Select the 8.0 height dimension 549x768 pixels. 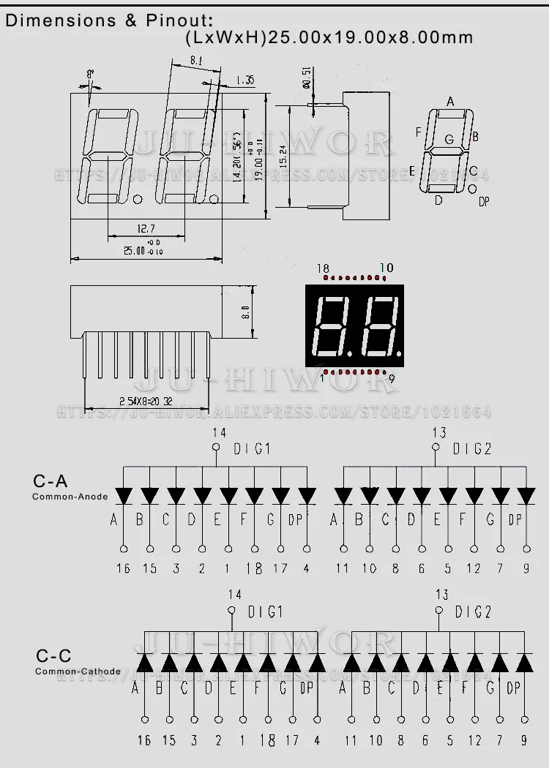click(x=247, y=312)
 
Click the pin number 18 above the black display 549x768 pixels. click(x=323, y=269)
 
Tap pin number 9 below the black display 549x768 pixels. click(x=392, y=378)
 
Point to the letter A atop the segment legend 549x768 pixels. click(x=450, y=102)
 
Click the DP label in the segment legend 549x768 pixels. click(x=484, y=202)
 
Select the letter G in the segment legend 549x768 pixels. click(x=449, y=140)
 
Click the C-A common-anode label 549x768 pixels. click(x=50, y=481)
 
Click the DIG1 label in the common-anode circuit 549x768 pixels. click(x=252, y=449)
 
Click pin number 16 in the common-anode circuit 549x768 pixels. click(x=123, y=568)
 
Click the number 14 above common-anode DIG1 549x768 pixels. click(x=217, y=432)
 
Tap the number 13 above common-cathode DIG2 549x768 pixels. click(x=441, y=595)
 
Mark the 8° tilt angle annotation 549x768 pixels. click(x=90, y=74)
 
